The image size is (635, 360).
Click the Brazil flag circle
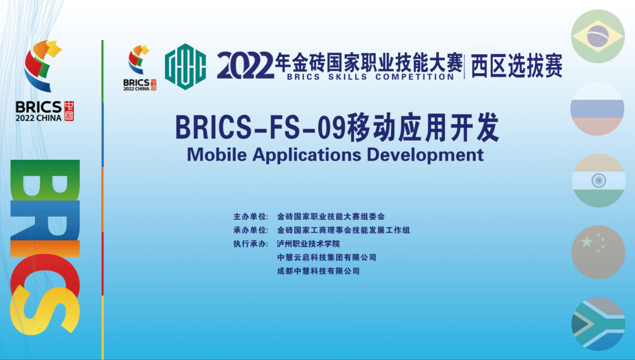click(598, 37)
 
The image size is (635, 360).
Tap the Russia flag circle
click(597, 109)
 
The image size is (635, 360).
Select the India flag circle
click(598, 181)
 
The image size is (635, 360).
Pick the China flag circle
click(598, 252)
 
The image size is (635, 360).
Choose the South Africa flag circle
click(598, 324)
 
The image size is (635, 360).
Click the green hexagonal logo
click(185, 66)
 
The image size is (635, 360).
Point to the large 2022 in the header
click(245, 66)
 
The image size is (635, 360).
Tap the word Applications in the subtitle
click(306, 155)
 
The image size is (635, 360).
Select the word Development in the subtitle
click(425, 155)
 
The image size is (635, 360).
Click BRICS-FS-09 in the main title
click(261, 127)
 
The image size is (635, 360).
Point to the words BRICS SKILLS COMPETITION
click(370, 77)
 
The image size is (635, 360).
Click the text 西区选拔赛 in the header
click(516, 66)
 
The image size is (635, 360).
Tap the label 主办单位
click(251, 217)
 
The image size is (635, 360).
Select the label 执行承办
click(251, 244)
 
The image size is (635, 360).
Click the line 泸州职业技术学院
click(308, 244)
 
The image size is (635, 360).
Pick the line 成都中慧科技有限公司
click(318, 271)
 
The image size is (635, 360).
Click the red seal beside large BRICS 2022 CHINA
click(69, 111)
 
